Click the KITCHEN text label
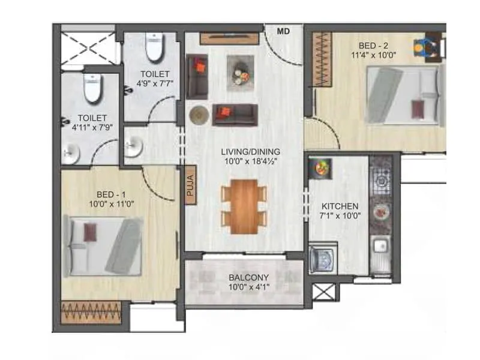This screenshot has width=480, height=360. coord(340,206)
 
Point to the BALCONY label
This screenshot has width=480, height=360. coord(248,278)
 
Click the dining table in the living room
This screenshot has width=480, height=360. coord(244,205)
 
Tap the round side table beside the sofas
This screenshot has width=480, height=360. coord(197,115)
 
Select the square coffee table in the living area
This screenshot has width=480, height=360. coord(241,73)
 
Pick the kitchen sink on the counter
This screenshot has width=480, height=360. coord(380,247)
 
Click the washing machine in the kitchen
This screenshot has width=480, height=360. coord(323,259)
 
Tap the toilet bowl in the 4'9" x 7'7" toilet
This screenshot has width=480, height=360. coord(155,47)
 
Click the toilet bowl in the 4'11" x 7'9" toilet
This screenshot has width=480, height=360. coord(94,89)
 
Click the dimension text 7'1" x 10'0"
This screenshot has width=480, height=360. coord(340,216)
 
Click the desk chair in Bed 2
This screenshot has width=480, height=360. coord(424,47)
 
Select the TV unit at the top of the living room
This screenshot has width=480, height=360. coord(229,39)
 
